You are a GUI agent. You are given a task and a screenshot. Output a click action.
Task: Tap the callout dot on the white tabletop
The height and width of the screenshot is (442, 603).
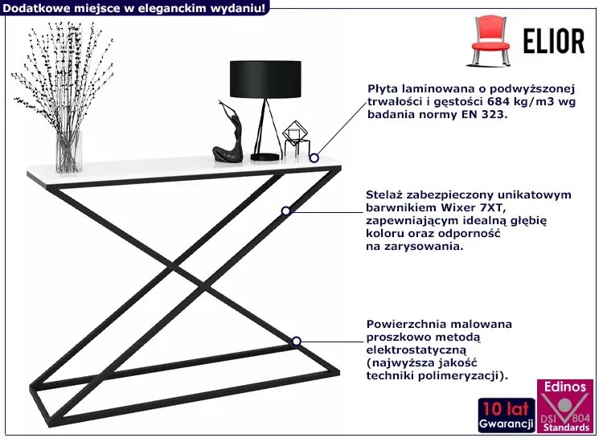[x=314, y=158]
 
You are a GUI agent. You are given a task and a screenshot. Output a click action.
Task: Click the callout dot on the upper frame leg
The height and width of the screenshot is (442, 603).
[x=285, y=211]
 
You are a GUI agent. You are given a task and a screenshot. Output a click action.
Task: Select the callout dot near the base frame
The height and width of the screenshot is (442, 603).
[x=296, y=342]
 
